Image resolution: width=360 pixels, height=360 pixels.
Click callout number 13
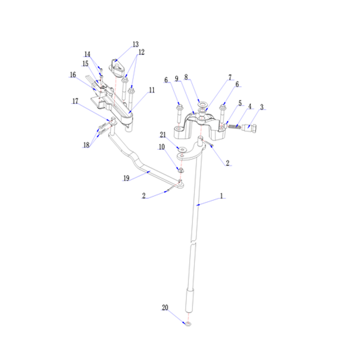(136, 44)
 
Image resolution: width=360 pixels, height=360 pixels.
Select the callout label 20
(165, 307)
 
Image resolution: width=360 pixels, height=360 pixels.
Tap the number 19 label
(126, 178)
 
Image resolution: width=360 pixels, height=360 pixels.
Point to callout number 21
(163, 135)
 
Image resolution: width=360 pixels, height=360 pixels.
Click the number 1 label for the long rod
(221, 196)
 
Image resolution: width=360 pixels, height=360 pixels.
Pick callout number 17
(75, 101)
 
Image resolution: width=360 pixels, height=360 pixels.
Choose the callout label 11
(152, 90)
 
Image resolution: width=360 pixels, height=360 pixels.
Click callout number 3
(262, 107)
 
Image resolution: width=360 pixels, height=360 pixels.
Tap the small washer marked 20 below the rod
(188, 324)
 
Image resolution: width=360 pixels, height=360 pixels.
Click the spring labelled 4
(234, 126)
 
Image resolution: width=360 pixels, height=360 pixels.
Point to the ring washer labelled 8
(202, 105)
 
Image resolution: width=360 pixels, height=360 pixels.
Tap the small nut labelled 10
(181, 170)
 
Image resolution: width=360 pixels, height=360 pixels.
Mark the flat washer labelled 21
(182, 150)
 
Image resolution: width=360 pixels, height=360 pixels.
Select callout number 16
(73, 75)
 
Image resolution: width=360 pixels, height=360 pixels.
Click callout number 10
(162, 147)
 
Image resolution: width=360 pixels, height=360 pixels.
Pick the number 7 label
(230, 77)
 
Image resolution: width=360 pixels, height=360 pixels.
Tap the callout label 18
(86, 145)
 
